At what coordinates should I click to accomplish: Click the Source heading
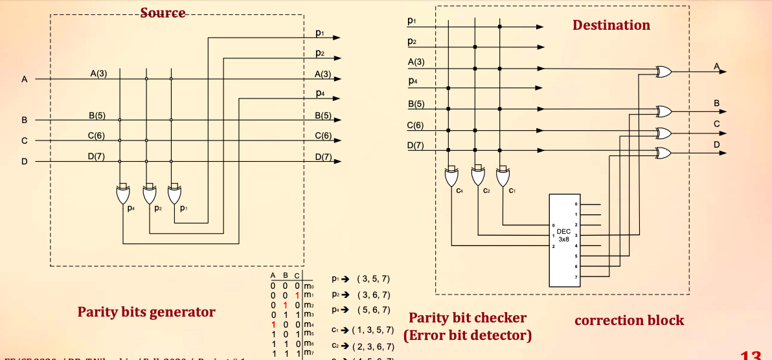click(163, 13)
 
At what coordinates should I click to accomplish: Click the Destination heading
click(611, 25)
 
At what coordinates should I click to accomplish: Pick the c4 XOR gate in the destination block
click(451, 176)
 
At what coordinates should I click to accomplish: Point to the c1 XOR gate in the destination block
click(503, 176)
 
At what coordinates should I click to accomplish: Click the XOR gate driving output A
click(664, 72)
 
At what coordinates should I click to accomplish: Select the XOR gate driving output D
click(664, 153)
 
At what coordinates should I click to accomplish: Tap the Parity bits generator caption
click(146, 312)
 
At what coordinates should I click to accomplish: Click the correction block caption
click(629, 320)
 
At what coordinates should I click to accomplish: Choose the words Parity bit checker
click(467, 318)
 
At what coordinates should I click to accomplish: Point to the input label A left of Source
click(25, 80)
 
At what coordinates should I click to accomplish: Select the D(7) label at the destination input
click(416, 145)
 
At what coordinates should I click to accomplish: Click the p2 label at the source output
click(320, 53)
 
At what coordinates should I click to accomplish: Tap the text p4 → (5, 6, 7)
click(360, 309)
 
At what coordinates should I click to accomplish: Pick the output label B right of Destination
click(717, 103)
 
